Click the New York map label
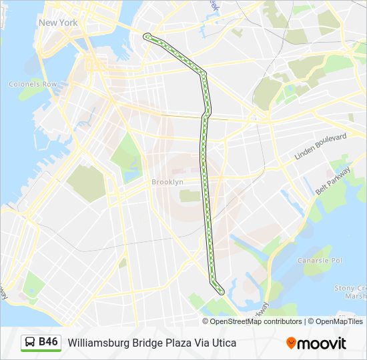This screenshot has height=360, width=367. [58, 23]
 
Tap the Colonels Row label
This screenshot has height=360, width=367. [33, 85]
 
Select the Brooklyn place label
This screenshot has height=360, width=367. [167, 182]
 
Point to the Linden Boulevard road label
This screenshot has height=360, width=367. [321, 147]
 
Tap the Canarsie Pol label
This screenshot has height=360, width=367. [319, 260]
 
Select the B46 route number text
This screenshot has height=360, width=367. [49, 342]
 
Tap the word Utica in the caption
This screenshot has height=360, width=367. [224, 343]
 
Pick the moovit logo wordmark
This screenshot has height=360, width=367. [322, 343]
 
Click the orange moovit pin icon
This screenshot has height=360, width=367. [291, 343]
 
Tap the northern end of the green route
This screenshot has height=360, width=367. [146, 36]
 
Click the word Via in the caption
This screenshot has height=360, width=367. [200, 343]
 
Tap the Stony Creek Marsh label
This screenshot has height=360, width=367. [351, 292]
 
